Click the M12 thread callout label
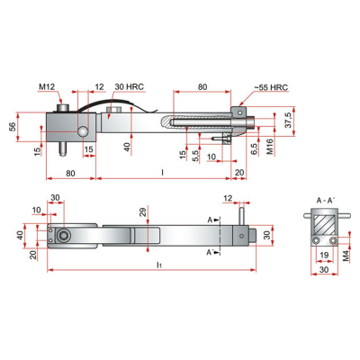pyautogui.click(x=47, y=86)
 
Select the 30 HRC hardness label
pyautogui.click(x=129, y=86)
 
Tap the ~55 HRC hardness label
pyautogui.click(x=271, y=87)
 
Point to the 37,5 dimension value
pyautogui.click(x=289, y=121)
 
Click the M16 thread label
pyautogui.click(x=270, y=147)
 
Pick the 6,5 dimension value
pyautogui.click(x=254, y=149)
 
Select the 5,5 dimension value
pyautogui.click(x=195, y=156)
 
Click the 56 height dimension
pyautogui.click(x=13, y=127)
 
